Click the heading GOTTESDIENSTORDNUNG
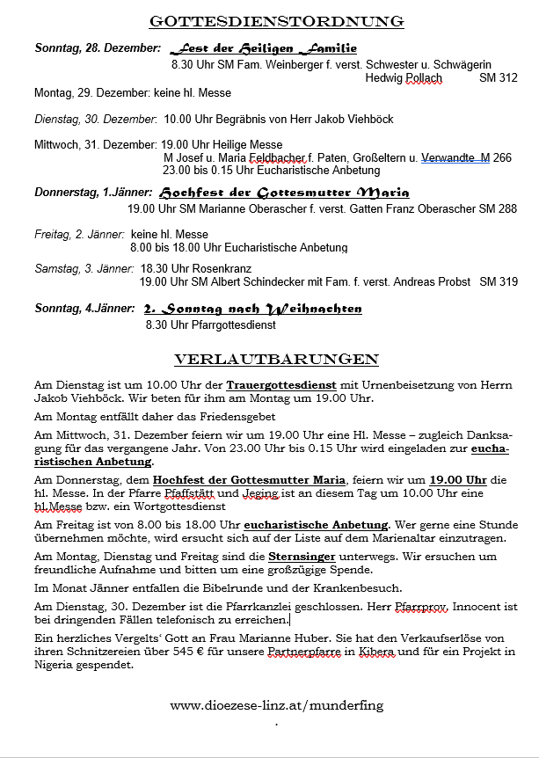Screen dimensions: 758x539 tap(276, 21)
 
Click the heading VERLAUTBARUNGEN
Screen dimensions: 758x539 tap(276, 360)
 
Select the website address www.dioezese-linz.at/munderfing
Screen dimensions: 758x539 tap(276, 704)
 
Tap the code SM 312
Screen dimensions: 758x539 tap(499, 78)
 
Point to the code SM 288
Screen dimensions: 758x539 tap(499, 209)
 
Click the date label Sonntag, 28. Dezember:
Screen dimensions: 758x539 tap(98, 48)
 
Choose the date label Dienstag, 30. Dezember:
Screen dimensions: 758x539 tap(95, 119)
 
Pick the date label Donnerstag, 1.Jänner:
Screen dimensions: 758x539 tap(93, 192)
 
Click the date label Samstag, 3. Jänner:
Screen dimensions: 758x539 tap(84, 268)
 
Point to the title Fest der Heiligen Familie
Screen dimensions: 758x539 tap(263, 48)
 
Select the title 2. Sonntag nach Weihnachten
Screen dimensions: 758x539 tap(253, 309)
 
